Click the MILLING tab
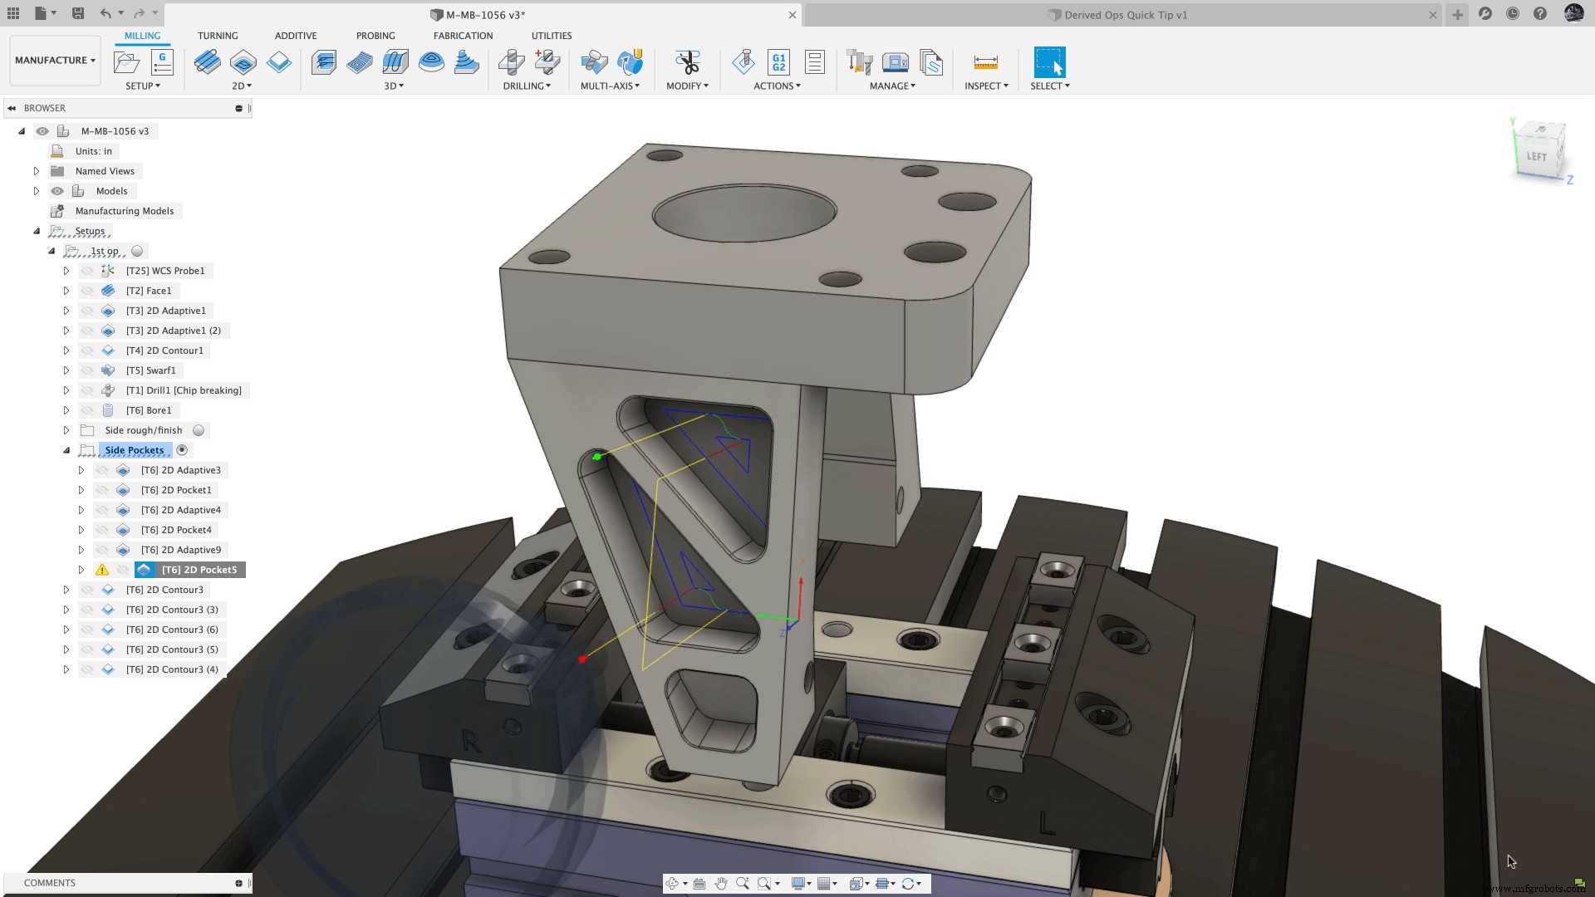[142, 36]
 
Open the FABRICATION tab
[463, 36]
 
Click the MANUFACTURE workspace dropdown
[55, 61]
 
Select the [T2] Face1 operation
[148, 291]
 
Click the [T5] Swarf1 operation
[150, 370]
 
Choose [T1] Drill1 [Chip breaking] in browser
[183, 390]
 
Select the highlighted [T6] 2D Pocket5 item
[199, 570]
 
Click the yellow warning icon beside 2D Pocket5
[101, 570]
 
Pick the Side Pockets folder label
[134, 450]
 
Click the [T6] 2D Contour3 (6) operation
[171, 630]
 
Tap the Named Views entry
[105, 171]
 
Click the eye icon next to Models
[57, 191]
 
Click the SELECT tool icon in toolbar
[1048, 62]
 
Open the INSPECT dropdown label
[985, 86]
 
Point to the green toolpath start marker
[596, 457]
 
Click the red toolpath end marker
[582, 659]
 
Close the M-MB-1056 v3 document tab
[792, 15]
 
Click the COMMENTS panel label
[50, 883]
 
